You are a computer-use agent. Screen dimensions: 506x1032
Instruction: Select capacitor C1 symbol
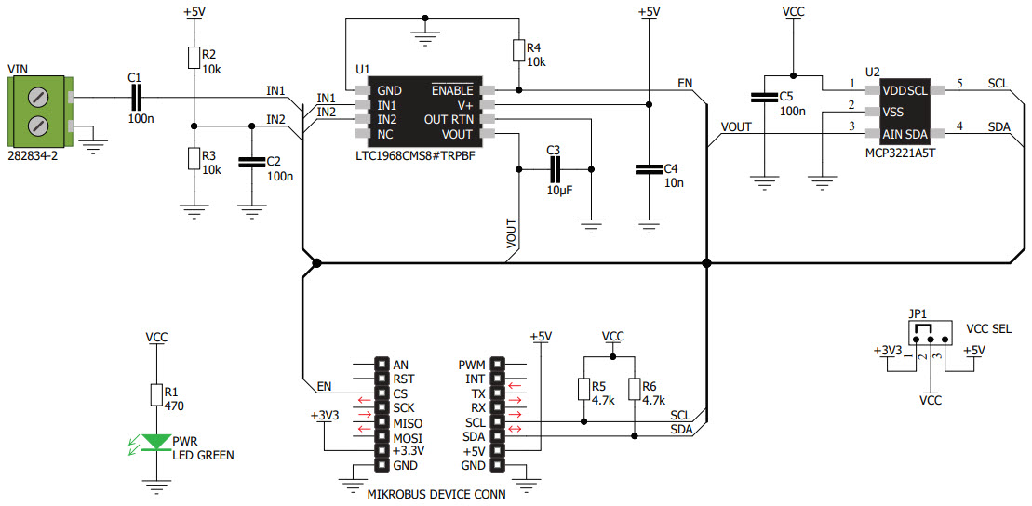[x=136, y=97]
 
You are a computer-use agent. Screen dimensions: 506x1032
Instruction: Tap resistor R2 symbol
[x=193, y=58]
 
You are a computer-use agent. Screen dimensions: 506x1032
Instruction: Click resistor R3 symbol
[x=193, y=159]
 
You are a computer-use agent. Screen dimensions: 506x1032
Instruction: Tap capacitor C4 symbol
[x=647, y=169]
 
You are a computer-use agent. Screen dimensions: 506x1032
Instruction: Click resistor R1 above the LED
[x=156, y=396]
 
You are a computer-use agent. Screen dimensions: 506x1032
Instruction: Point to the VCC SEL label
[x=989, y=329]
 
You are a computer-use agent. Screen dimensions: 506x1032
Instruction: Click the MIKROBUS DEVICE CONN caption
[x=436, y=494]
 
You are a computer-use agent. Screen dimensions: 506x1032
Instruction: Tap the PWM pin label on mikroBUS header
[x=472, y=365]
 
